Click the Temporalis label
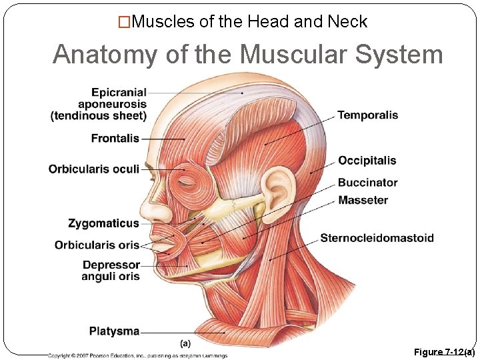(367, 115)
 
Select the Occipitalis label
(367, 161)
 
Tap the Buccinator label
(367, 183)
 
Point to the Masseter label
(363, 200)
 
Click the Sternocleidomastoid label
(377, 238)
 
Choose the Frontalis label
(115, 139)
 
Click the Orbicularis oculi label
(94, 169)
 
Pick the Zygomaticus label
(103, 223)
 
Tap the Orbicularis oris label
(97, 245)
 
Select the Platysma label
(115, 331)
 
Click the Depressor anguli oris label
(111, 271)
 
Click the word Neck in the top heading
(347, 22)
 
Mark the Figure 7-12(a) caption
(444, 351)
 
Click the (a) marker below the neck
(186, 343)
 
